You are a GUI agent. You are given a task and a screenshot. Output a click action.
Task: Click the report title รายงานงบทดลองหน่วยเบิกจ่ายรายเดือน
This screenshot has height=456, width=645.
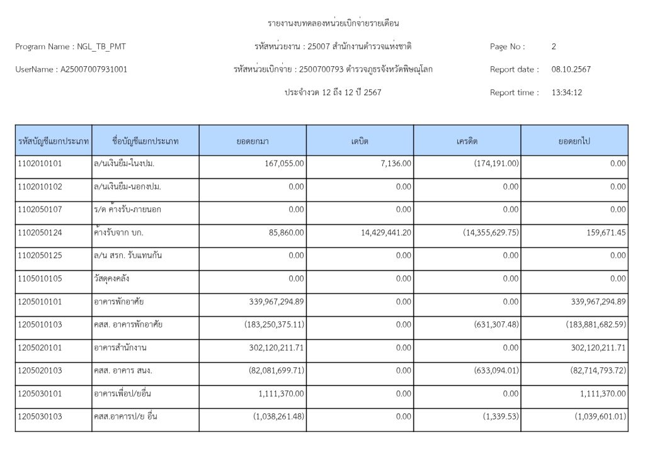click(334, 24)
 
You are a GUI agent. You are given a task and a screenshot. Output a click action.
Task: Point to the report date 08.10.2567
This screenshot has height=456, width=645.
click(571, 69)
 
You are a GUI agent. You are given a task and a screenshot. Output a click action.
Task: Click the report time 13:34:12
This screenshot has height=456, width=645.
click(566, 93)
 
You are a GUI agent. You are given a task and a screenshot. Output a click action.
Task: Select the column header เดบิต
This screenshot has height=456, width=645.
click(360, 141)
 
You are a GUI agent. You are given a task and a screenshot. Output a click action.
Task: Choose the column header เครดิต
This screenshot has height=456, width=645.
click(467, 141)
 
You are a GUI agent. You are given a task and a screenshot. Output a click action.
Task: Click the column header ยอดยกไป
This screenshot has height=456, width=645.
click(574, 141)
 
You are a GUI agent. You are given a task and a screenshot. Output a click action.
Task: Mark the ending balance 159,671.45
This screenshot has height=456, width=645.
click(601, 232)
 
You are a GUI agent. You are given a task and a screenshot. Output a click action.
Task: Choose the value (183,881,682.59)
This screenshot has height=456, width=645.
click(596, 324)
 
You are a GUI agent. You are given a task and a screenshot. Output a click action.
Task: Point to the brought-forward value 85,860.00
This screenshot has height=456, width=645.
click(284, 232)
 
